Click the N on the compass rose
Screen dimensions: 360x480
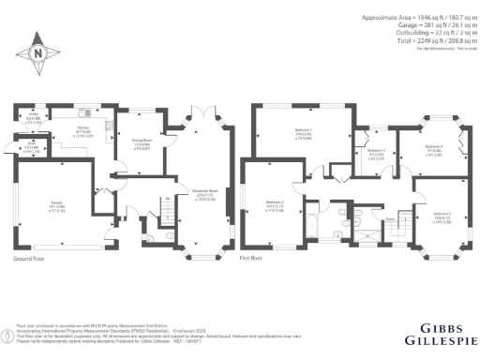pos(37,53)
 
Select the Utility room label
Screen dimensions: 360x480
pos(31,116)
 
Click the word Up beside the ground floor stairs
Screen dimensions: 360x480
pos(167,199)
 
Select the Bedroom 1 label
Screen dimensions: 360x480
pos(303,134)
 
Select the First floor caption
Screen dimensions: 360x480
pos(251,256)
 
